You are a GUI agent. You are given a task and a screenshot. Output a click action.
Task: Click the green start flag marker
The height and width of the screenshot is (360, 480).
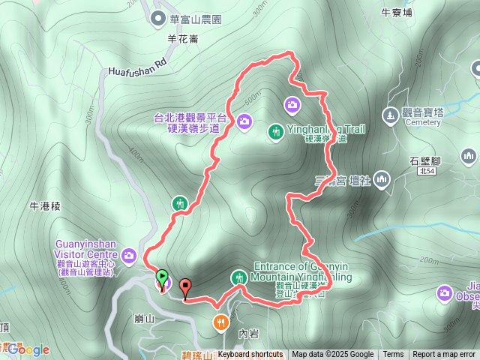tap(160, 276)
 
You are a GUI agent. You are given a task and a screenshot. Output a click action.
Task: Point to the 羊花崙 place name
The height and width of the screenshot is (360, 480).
tap(182, 39)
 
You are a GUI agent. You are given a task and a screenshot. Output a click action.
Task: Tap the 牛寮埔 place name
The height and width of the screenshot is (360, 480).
tap(397, 13)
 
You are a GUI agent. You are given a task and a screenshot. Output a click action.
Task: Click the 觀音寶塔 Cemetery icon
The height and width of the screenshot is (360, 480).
tap(389, 115)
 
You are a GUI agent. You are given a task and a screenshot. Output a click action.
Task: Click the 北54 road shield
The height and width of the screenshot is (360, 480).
tap(427, 172)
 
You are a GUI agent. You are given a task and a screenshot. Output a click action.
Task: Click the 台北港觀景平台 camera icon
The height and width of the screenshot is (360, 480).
tap(244, 121)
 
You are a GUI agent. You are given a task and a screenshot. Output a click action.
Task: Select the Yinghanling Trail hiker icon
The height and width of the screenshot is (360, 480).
tap(275, 131)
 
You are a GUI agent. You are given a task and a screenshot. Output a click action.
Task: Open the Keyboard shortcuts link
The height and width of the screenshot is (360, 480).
tap(250, 355)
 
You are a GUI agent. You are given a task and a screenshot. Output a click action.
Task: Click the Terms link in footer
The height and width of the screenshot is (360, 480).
tap(393, 355)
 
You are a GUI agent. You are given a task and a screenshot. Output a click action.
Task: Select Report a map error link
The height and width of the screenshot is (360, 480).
tap(444, 355)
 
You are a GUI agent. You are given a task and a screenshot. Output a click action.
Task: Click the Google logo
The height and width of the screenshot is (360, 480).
tap(28, 349)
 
